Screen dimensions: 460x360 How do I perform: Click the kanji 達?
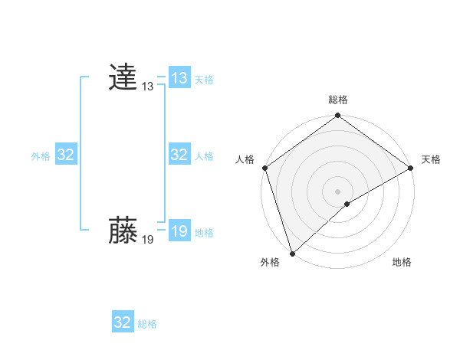[123, 78]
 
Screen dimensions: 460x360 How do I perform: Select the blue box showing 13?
[179, 78]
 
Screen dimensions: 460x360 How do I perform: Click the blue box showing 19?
[179, 231]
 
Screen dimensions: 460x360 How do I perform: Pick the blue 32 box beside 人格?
[179, 155]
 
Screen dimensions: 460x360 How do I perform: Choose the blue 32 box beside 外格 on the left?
[65, 155]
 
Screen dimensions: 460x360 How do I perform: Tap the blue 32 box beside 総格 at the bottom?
[123, 322]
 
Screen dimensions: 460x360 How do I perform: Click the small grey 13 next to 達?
[147, 87]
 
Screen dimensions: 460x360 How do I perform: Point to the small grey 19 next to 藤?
[147, 241]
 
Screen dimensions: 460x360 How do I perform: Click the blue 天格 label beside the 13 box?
[204, 80]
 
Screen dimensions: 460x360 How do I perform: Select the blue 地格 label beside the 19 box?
[204, 233]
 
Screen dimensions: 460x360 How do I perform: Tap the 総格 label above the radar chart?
[338, 100]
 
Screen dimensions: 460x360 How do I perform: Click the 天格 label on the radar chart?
[431, 159]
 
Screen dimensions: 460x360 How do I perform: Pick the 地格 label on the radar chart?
[402, 263]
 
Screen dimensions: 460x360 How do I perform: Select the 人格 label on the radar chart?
[245, 159]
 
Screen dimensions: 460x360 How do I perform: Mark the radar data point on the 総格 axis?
[338, 116]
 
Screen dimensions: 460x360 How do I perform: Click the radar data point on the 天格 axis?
[410, 168]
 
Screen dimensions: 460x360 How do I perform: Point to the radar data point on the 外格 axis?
[291, 253]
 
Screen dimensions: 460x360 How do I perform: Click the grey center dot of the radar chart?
[338, 191]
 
